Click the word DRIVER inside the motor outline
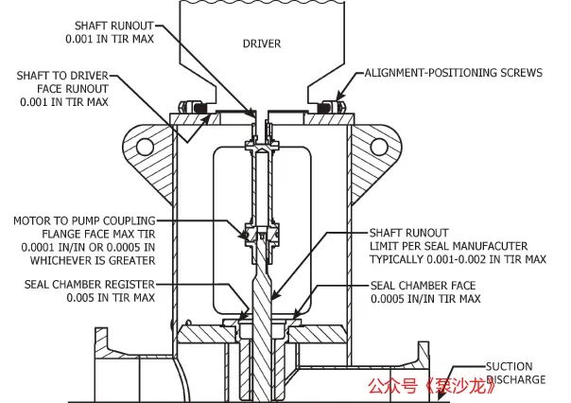(262, 44)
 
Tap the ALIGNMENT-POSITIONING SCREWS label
(454, 73)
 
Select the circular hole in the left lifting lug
(145, 147)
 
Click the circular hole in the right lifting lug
(379, 147)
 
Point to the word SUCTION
(510, 366)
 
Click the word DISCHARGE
(516, 379)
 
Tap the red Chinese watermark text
(431, 386)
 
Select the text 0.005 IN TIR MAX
(111, 298)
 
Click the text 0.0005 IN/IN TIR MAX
(425, 299)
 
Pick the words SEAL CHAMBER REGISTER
(90, 284)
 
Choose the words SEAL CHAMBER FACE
(424, 286)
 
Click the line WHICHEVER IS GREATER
(93, 260)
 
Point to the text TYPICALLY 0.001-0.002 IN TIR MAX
(459, 259)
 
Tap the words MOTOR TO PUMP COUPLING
(84, 220)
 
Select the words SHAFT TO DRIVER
(62, 76)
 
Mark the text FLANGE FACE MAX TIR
(98, 234)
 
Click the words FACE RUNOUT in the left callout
(73, 89)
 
